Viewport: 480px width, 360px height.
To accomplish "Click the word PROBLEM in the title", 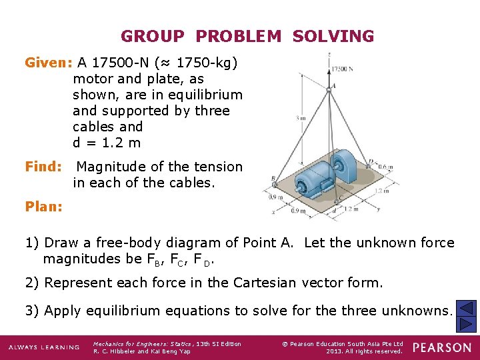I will click(239, 36).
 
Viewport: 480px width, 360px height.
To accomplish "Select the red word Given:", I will click(48, 63).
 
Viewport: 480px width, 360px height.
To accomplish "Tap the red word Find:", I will click(43, 167).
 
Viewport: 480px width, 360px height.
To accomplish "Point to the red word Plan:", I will click(44, 207).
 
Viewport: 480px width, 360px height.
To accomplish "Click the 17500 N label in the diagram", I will click(342, 69).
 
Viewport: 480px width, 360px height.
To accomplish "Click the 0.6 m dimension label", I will click(385, 167).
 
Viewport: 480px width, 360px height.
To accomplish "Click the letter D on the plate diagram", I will click(371, 162).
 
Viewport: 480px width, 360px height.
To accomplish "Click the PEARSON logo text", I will click(441, 347).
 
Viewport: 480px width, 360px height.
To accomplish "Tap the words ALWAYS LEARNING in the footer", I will click(44, 347).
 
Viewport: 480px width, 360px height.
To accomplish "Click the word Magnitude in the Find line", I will click(111, 167).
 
